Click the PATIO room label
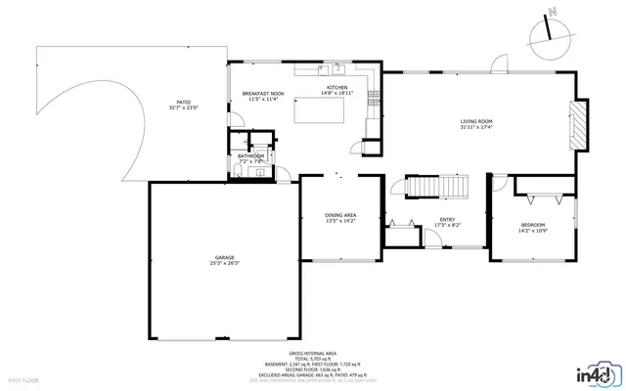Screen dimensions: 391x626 pyautogui.click(x=183, y=102)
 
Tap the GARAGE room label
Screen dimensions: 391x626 pyautogui.click(x=225, y=257)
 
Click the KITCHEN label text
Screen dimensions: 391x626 pyautogui.click(x=337, y=88)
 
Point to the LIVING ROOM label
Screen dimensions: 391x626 pyautogui.click(x=476, y=121)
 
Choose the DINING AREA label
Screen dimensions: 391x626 pyautogui.click(x=340, y=215)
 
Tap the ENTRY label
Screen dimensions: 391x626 pyautogui.click(x=447, y=220)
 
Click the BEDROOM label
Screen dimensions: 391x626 pyautogui.click(x=533, y=226)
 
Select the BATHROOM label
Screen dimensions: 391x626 pyautogui.click(x=251, y=155)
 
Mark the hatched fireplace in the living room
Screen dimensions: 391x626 pyautogui.click(x=581, y=126)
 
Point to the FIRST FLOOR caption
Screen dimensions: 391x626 pyautogui.click(x=22, y=379)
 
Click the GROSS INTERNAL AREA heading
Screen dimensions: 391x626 pyautogui.click(x=312, y=353)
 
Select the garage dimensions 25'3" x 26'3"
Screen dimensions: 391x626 pyautogui.click(x=225, y=263)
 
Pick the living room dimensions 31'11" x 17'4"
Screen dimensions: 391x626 pyautogui.click(x=476, y=127)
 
